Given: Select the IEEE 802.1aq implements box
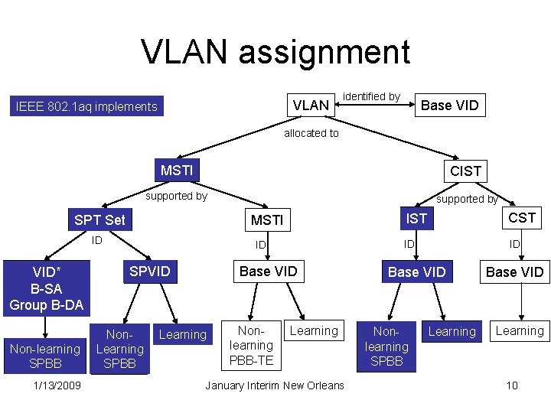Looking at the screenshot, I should tap(86, 107).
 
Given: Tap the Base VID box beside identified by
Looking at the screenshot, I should tap(450, 106).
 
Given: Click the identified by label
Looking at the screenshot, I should tap(371, 96).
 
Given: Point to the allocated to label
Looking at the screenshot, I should tap(311, 133).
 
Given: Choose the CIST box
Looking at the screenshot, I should tap(465, 171).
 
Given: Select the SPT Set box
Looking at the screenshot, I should tap(99, 220).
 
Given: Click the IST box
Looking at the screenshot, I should tap(416, 219).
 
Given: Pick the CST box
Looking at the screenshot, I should tap(522, 218).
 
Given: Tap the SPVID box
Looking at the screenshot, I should tap(150, 272).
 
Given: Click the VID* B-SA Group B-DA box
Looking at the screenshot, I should tap(47, 288).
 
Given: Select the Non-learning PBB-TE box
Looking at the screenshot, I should tap(251, 345).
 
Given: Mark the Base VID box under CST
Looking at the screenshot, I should tap(515, 272).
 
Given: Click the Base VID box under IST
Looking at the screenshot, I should tap(417, 272).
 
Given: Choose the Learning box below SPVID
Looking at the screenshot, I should tap(182, 334).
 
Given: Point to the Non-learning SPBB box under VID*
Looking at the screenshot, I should tap(44, 356).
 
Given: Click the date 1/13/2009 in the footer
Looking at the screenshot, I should tap(57, 385).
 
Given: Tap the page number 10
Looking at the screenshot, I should tap(512, 385).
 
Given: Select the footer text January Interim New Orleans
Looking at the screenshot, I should tap(275, 385).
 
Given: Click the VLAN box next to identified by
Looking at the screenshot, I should tap(311, 106).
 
